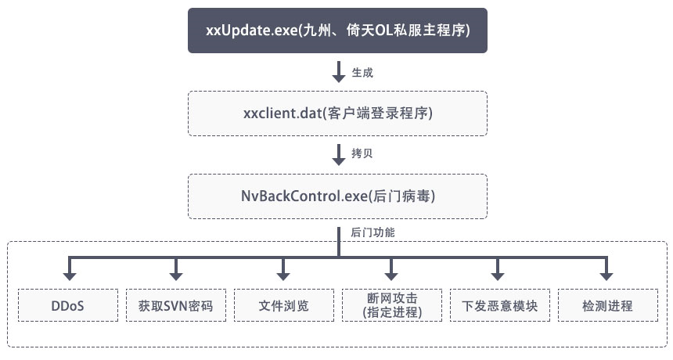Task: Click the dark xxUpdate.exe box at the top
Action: (x=337, y=31)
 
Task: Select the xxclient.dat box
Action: (x=337, y=113)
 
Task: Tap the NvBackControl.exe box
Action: (x=337, y=196)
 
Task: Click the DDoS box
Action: (x=68, y=305)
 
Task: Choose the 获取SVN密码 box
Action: (x=176, y=305)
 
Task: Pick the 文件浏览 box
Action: (x=284, y=305)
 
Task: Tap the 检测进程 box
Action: (x=607, y=305)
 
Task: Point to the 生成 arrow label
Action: (x=362, y=73)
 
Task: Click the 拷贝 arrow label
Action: (x=362, y=154)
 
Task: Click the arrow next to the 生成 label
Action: (x=339, y=72)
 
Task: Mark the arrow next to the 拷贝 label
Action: (x=339, y=154)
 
